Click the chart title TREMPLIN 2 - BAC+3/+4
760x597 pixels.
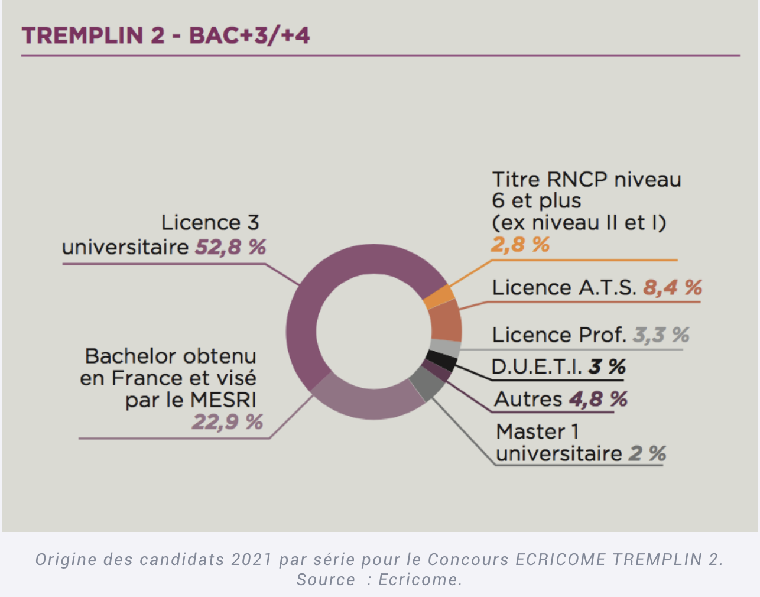tap(165, 35)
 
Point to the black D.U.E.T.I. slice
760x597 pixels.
tap(441, 359)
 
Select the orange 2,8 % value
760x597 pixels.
tap(520, 244)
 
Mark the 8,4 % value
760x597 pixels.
tap(673, 288)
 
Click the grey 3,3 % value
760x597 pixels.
tap(661, 335)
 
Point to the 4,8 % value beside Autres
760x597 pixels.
tap(598, 400)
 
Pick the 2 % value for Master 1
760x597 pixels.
tap(647, 454)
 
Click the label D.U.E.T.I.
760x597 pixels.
tap(537, 367)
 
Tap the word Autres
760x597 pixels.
tap(528, 400)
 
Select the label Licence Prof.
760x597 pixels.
tap(558, 335)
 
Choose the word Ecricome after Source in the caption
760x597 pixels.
tap(419, 580)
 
